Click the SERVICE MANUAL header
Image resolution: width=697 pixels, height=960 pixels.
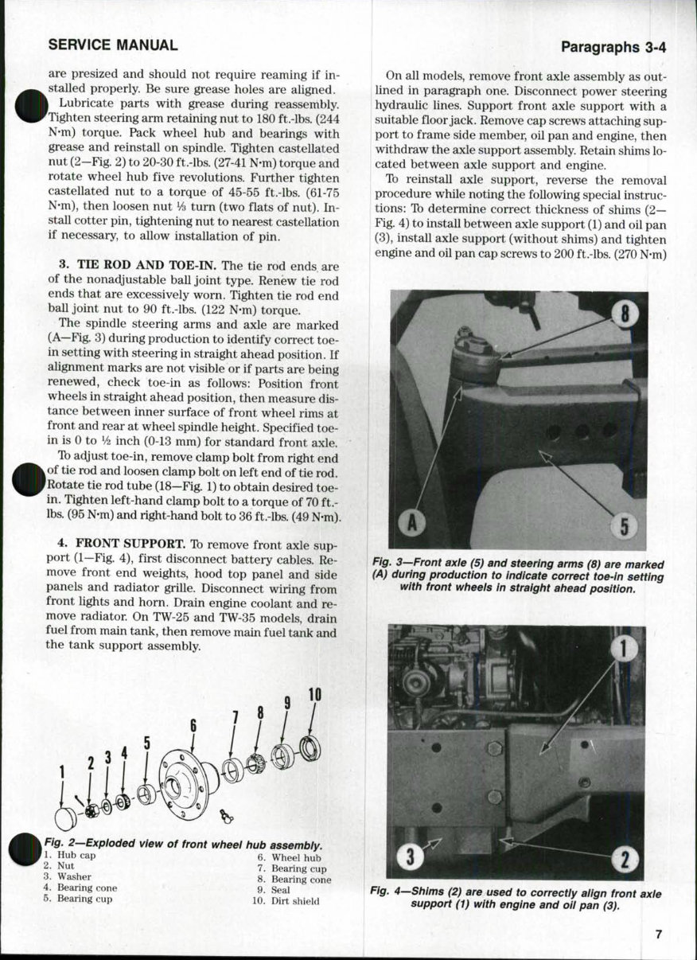point(113,45)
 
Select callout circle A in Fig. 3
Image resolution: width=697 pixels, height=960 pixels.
point(412,522)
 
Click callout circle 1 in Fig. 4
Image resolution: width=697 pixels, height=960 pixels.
point(625,649)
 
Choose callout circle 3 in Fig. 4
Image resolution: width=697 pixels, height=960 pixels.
point(409,857)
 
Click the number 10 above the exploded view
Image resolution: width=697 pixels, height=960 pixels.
point(314,693)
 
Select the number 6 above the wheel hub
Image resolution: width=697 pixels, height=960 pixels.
point(193,725)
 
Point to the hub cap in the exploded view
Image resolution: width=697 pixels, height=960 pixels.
point(65,818)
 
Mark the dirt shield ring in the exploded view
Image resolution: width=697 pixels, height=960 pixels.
point(310,747)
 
